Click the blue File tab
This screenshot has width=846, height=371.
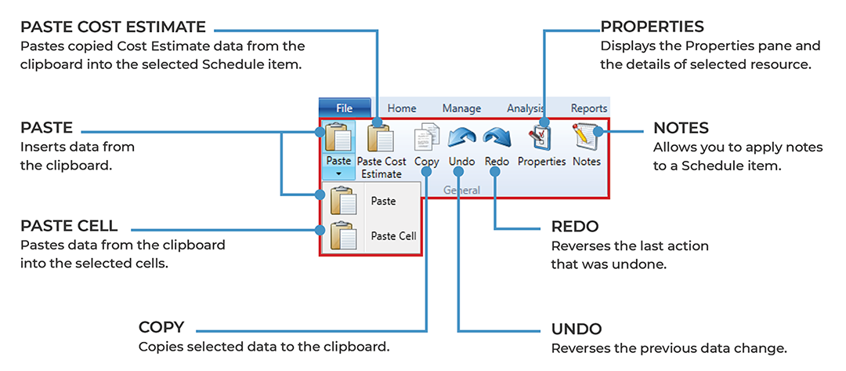pyautogui.click(x=344, y=108)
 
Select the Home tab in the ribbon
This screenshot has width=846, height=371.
pyautogui.click(x=402, y=108)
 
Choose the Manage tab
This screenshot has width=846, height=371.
pyautogui.click(x=461, y=108)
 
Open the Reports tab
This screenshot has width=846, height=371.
pyautogui.click(x=588, y=108)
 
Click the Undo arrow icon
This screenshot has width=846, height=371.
pyautogui.click(x=461, y=139)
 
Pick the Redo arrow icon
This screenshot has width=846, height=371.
pyautogui.click(x=497, y=139)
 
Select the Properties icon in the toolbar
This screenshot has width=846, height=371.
pyautogui.click(x=541, y=138)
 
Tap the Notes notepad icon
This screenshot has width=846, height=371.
pyautogui.click(x=586, y=138)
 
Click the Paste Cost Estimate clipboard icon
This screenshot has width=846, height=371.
pyautogui.click(x=381, y=139)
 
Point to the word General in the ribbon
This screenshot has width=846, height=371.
pyautogui.click(x=461, y=190)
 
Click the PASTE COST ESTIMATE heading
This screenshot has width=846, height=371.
pyautogui.click(x=114, y=28)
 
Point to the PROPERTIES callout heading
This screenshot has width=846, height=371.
pyautogui.click(x=652, y=28)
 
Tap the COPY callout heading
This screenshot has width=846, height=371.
pyautogui.click(x=161, y=327)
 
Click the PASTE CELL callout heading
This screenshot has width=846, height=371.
pyautogui.click(x=70, y=226)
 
